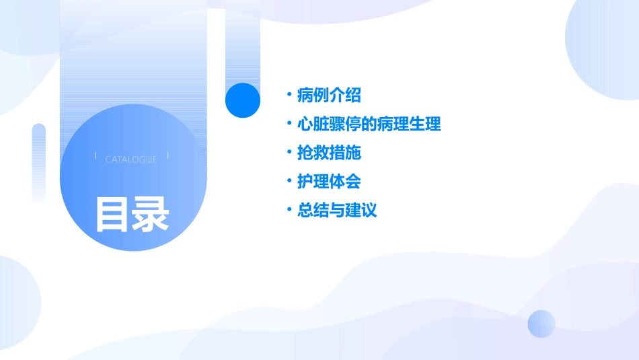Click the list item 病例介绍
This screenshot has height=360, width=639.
point(329,96)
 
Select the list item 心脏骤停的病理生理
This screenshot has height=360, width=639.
point(369,124)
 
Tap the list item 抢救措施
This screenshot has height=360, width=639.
point(329,153)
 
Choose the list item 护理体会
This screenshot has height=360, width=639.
point(329,182)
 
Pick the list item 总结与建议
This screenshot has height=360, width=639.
point(337,210)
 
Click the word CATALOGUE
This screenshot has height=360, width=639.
point(131,159)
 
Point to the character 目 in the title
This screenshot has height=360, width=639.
point(112,214)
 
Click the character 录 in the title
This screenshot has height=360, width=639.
point(150,214)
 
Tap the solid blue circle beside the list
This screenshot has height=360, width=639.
point(243,100)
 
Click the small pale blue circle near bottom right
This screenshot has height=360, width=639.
point(541,324)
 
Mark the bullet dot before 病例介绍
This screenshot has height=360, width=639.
point(289,96)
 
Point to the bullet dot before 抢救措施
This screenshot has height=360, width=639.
point(289,153)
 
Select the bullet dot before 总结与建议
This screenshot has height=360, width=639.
point(289,210)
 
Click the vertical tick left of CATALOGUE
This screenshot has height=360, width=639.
point(96,155)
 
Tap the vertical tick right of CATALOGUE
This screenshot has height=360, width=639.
point(167,155)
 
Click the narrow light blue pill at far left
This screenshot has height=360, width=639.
point(39,161)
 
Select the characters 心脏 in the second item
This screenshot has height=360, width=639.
point(313,124)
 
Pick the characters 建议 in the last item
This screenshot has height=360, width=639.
point(361,210)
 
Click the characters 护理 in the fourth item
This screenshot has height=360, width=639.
point(313,182)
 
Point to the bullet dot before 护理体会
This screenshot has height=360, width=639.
point(289,182)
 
